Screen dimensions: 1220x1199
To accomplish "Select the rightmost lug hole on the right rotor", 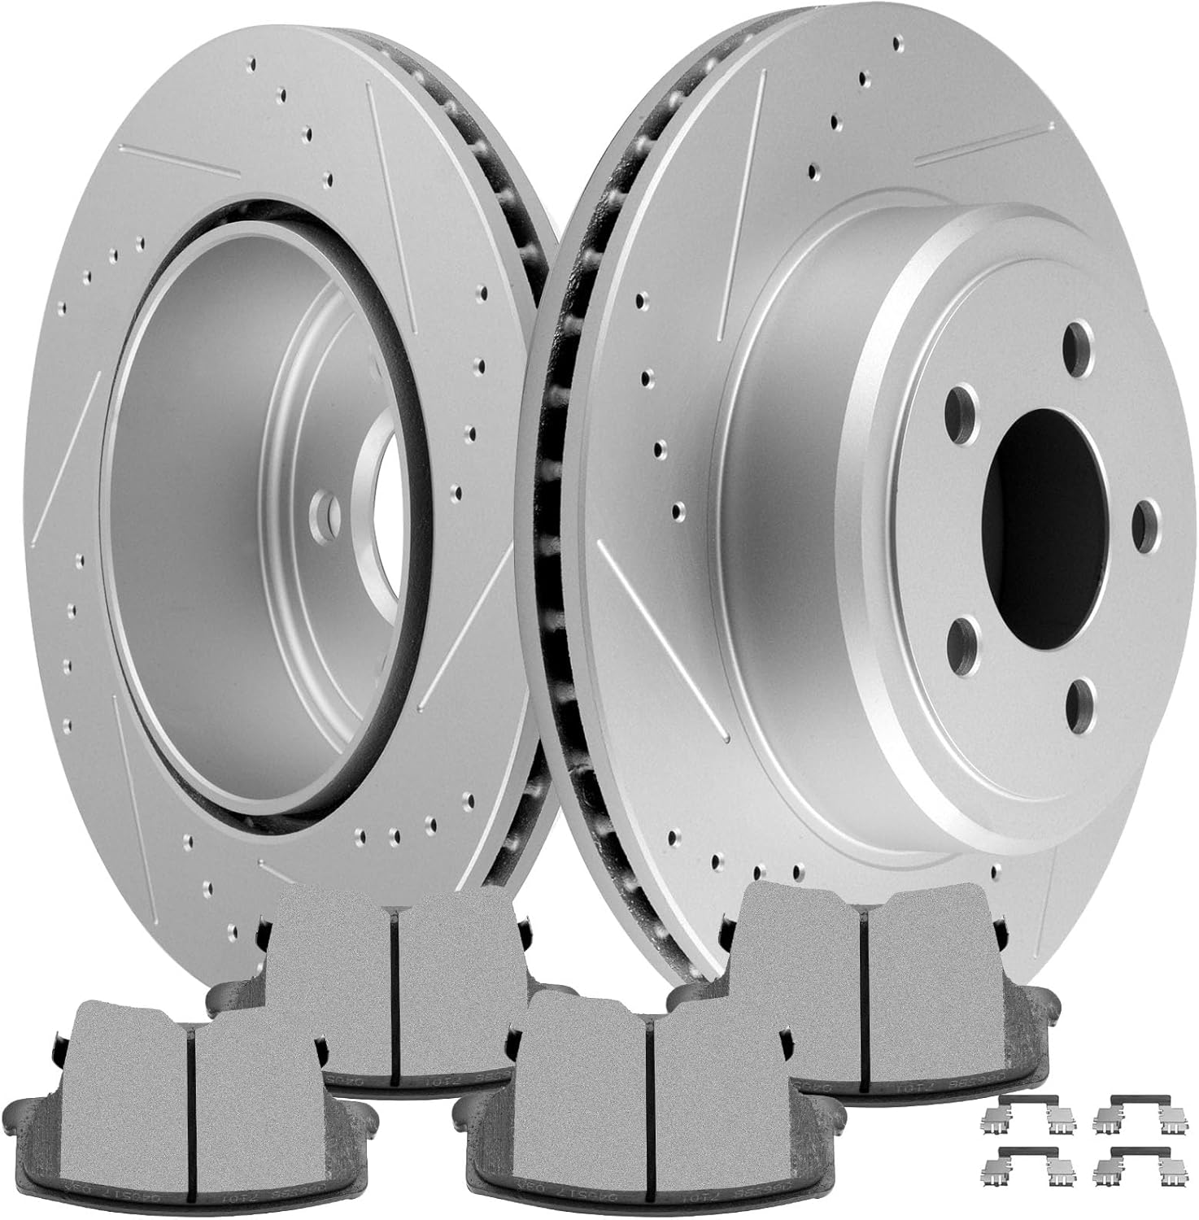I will point(1146,520).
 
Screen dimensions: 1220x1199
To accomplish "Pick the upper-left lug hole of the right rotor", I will point(961,405).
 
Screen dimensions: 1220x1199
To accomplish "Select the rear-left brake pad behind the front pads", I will point(390,976).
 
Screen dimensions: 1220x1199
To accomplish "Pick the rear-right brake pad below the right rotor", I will point(862,968).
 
